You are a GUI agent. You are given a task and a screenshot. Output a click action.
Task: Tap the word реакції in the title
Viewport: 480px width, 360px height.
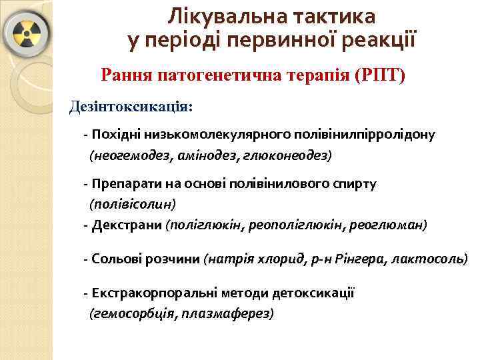pyautogui.click(x=381, y=40)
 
